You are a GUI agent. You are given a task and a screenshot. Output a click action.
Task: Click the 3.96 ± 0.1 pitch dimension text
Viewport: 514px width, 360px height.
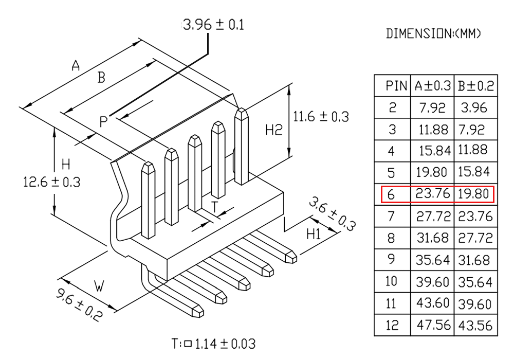213,25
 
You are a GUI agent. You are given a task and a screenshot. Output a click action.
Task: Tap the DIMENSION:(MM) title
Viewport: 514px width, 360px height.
433,33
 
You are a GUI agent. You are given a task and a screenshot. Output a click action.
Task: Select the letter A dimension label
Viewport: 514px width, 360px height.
76,66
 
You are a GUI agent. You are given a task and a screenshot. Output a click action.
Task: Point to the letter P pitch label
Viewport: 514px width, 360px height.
103,122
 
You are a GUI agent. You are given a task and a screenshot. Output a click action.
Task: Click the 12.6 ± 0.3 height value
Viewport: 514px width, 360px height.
52,182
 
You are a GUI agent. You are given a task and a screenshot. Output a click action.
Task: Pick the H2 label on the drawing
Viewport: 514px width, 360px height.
274,130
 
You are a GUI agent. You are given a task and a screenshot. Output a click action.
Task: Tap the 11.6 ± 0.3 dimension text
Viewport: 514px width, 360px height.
321,117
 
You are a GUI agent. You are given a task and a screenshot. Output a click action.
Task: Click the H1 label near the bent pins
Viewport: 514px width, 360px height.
314,234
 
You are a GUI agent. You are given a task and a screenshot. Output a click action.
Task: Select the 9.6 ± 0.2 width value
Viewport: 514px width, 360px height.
79,304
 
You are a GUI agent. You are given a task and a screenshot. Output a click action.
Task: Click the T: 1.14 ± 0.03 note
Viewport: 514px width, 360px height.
214,344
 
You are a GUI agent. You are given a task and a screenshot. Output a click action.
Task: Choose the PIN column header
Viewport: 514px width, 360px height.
396,86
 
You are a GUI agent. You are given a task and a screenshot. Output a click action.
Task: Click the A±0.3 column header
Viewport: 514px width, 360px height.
433,86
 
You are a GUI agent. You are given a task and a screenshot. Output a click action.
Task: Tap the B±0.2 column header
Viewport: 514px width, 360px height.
476,86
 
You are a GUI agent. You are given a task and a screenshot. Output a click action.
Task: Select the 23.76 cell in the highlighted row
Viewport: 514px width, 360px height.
433,194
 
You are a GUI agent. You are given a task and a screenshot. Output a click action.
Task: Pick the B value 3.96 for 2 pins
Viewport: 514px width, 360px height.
474,107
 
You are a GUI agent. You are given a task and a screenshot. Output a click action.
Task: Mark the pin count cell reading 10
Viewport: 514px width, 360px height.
391,281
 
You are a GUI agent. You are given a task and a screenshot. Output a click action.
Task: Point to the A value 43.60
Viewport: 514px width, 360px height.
433,303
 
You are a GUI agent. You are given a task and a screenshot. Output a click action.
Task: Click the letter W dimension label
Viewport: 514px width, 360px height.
99,286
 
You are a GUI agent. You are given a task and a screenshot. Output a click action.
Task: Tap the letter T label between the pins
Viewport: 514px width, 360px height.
214,207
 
